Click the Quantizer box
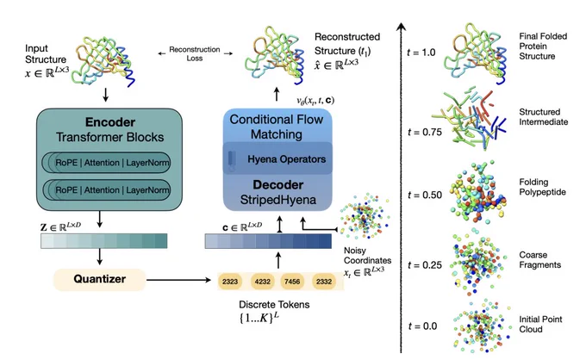(x=99, y=279)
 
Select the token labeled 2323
(x=230, y=282)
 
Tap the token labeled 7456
(x=292, y=282)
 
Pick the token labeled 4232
(x=262, y=282)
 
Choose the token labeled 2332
(x=324, y=282)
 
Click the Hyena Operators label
(x=287, y=159)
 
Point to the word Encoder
(x=110, y=122)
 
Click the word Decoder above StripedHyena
(x=278, y=185)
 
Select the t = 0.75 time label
(x=425, y=132)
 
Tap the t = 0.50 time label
(x=425, y=195)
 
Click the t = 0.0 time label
(x=422, y=326)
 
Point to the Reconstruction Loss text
(x=195, y=53)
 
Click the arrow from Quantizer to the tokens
(x=178, y=280)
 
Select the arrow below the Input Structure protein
(x=105, y=95)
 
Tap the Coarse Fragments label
(x=540, y=260)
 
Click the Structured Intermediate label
(x=544, y=117)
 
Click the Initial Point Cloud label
(x=540, y=324)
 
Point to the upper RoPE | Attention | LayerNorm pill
(x=107, y=163)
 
